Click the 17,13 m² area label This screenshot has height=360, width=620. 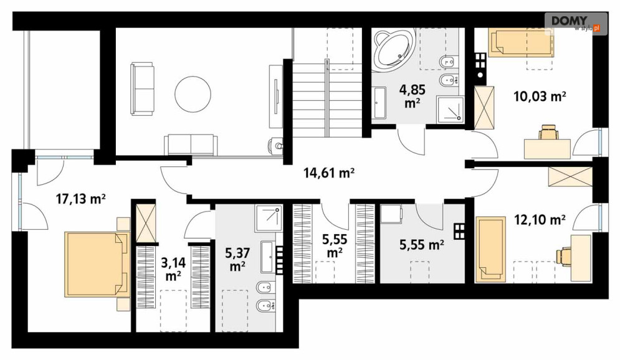pos(80,199)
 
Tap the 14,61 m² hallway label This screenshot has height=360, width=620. pos(328,173)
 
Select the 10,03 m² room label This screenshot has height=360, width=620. pos(540,96)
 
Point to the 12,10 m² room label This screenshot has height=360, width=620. pos(540,219)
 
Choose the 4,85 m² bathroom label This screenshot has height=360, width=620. pos(412,96)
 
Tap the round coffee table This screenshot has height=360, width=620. pos(193,95)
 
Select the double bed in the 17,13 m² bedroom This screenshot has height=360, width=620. pos(98,264)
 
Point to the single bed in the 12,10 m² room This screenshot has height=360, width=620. pos(490,249)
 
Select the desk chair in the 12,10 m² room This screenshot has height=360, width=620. pos(565,255)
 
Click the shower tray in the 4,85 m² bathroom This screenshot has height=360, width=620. pos(450,108)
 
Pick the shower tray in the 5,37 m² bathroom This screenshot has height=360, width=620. pos(269,218)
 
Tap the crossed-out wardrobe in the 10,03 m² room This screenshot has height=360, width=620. pos(484,108)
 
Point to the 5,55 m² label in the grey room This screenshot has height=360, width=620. pos(421,245)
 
